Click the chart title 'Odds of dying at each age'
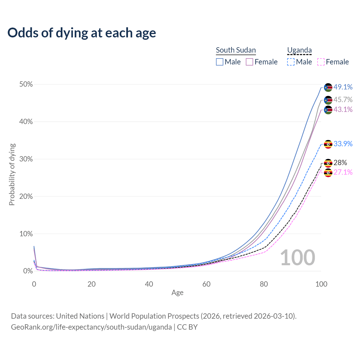[82, 33]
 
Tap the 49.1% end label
[343, 87]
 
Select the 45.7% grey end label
[343, 100]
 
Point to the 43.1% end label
[343, 109]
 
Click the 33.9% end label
[343, 144]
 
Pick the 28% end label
[340, 163]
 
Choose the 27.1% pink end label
[343, 172]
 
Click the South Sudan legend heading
[236, 50]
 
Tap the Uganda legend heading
[299, 50]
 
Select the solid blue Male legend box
[220, 62]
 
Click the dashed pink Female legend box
[321, 62]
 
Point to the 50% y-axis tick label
[26, 84]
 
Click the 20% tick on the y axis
[26, 196]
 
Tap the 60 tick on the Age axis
[206, 284]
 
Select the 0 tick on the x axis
[34, 284]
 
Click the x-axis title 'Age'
[177, 293]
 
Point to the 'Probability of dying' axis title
[12, 174]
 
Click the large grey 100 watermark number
[298, 258]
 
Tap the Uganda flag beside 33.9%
[328, 144]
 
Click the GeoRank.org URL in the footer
[91, 327]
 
